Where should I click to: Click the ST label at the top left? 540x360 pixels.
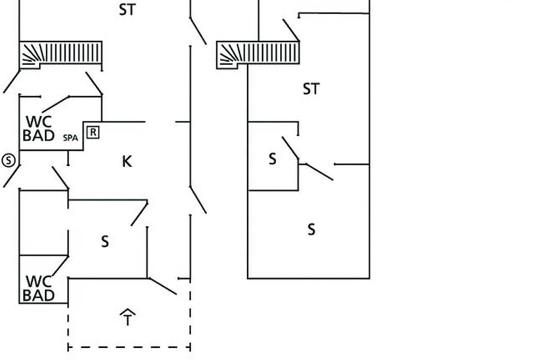127,10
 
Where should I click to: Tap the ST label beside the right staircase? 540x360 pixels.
311,89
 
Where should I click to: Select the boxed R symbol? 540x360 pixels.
93,132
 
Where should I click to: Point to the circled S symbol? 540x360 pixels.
8,160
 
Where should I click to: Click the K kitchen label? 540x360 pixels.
127,161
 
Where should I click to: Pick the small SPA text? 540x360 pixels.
70,138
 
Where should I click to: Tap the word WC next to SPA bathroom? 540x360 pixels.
39,122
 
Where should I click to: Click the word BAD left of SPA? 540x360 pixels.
39,135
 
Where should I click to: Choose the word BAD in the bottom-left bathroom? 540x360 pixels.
39,296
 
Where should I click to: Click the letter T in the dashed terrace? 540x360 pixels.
128,321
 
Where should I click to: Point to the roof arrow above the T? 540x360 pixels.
128,311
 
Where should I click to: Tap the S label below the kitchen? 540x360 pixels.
105,242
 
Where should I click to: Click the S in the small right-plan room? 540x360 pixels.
272,159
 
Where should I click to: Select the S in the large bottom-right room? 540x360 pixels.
311,230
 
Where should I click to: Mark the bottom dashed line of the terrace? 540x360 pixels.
129,347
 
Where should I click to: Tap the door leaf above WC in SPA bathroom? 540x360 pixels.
55,104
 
